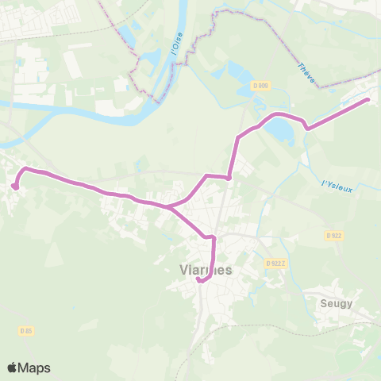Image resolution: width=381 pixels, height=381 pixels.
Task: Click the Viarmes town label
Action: coord(202,269)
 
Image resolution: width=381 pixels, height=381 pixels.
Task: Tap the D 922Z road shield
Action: coord(275,264)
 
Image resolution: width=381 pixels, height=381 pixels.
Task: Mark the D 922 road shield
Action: coord(333,236)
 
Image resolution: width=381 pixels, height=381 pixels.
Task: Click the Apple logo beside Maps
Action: coord(13,368)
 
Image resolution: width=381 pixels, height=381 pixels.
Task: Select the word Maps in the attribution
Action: coord(34,368)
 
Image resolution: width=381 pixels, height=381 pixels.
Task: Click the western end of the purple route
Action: coord(14,187)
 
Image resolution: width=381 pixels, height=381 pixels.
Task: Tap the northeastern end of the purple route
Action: coord(368,100)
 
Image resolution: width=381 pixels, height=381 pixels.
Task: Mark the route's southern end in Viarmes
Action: coord(198,279)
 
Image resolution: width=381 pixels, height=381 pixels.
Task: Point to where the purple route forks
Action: coord(167,206)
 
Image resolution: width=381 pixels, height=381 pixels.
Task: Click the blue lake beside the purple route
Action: coord(278,129)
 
